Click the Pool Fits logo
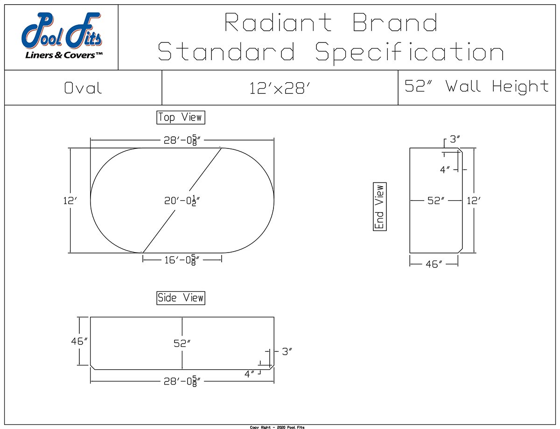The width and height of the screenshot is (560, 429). click(61, 38)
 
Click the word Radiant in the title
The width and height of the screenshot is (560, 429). click(278, 22)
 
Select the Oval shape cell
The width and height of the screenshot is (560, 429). click(83, 88)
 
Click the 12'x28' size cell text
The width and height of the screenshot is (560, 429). click(280, 88)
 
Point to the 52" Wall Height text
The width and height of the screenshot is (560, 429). click(476, 86)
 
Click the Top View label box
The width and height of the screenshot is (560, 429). click(181, 117)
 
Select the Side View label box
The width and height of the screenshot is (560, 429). click(181, 298)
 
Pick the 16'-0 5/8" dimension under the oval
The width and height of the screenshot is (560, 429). click(182, 260)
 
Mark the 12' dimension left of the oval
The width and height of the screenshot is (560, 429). click(70, 201)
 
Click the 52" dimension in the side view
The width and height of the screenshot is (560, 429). click(182, 344)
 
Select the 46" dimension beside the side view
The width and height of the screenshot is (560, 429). click(79, 341)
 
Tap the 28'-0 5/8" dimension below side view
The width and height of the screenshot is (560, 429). click(182, 382)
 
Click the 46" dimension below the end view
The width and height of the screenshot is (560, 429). click(434, 264)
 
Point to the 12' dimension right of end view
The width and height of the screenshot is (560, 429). click(473, 201)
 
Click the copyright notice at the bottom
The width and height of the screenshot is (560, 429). click(277, 427)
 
